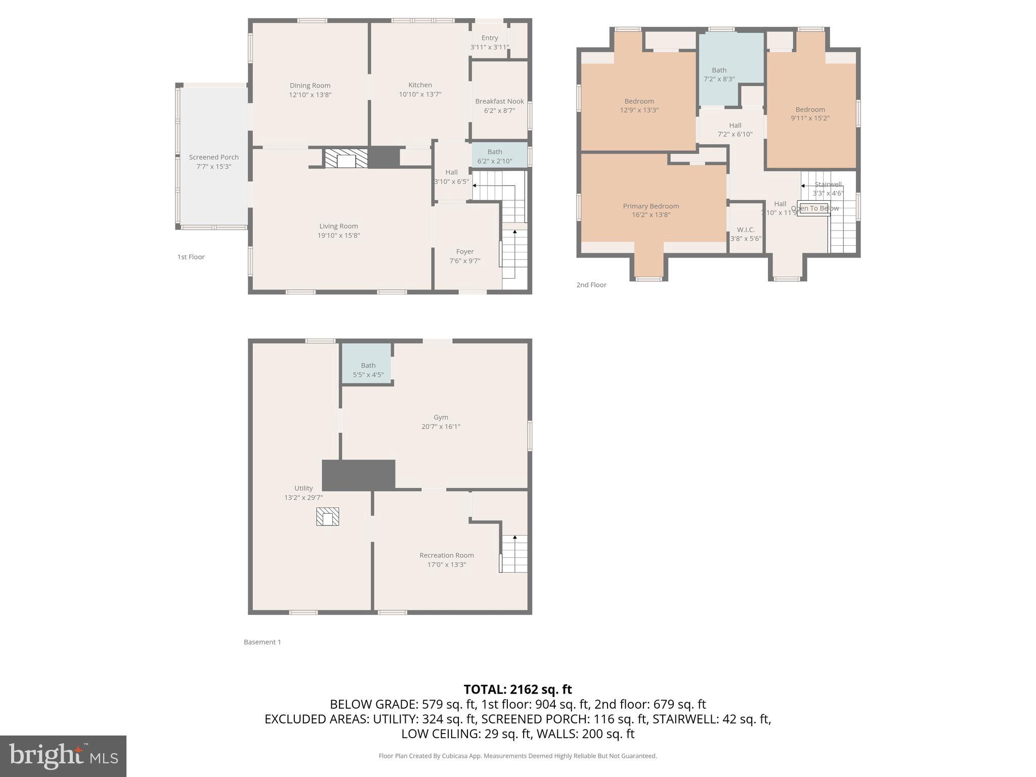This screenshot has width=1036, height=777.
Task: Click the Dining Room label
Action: [310, 85]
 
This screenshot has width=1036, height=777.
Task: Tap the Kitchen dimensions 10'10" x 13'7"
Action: [420, 95]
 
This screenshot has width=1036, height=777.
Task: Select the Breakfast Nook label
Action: [499, 101]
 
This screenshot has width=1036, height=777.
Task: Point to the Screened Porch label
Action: [213, 157]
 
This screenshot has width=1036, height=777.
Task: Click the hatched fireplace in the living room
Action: [347, 159]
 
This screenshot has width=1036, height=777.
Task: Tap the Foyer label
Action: [464, 251]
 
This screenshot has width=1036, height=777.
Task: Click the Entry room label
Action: [489, 38]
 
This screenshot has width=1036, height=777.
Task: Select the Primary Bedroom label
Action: [651, 206]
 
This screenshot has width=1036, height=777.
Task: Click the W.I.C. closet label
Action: [746, 230]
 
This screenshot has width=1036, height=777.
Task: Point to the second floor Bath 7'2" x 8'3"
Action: [719, 74]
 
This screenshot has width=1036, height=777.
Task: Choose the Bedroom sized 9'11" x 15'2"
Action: [810, 114]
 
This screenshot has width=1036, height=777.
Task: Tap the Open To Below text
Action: [814, 208]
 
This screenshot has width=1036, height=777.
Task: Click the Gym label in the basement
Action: [441, 417]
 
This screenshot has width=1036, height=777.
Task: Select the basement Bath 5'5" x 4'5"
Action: [368, 370]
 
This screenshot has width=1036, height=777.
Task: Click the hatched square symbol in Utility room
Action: [327, 516]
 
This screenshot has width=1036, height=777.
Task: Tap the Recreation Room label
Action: [446, 555]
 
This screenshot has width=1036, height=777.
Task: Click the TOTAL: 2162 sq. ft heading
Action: [517, 689]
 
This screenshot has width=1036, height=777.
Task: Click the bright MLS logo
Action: [63, 756]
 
